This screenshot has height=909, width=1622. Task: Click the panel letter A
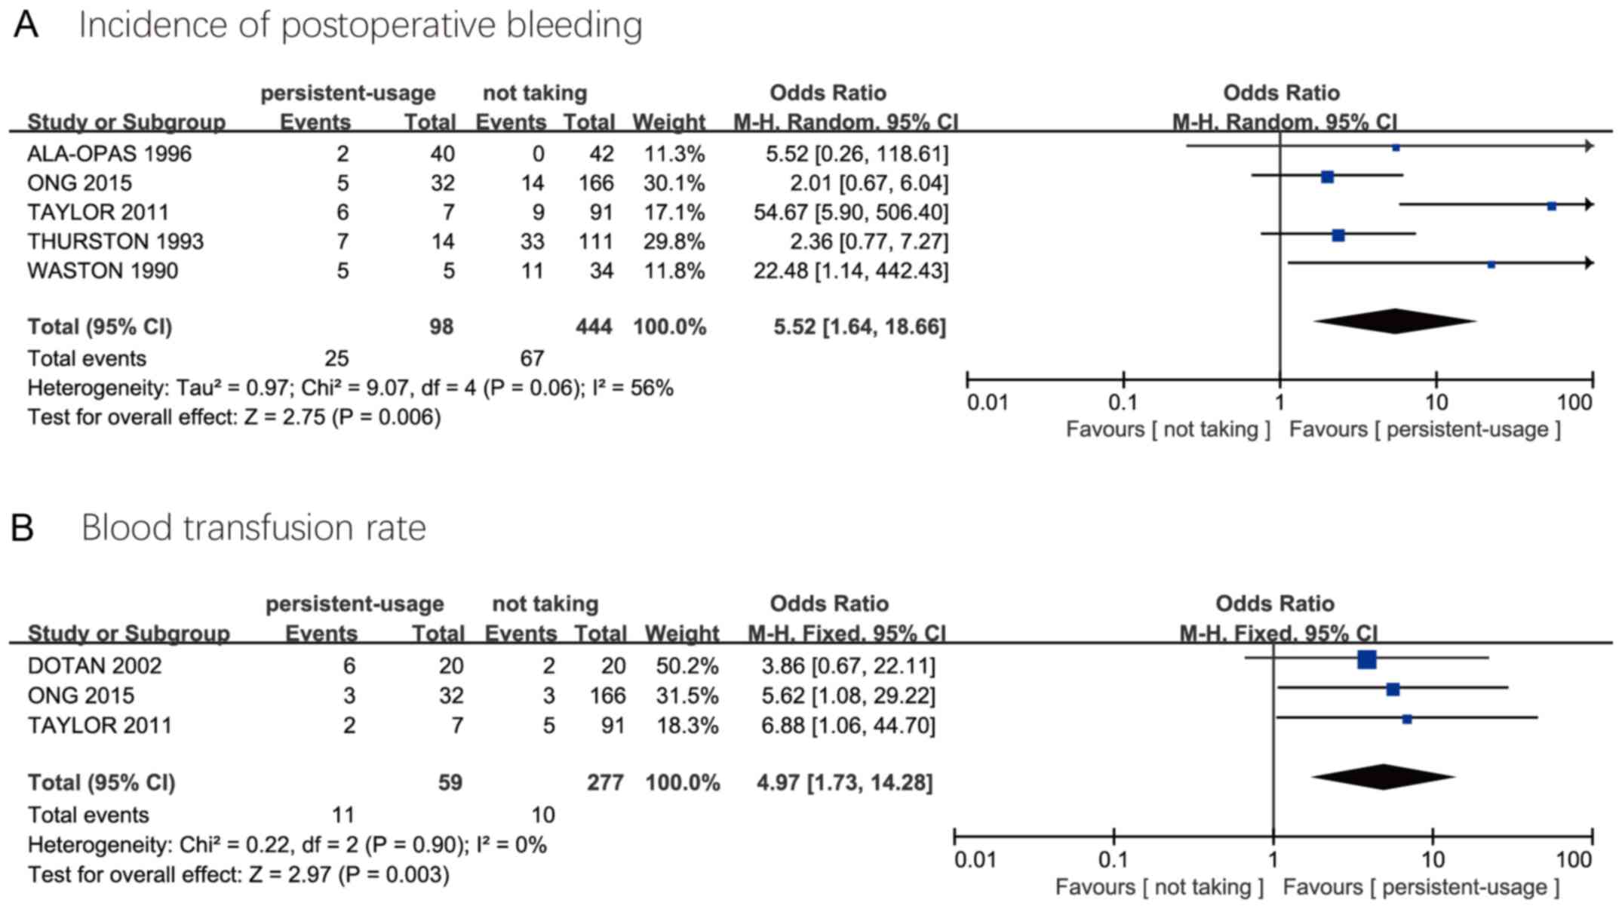click(26, 25)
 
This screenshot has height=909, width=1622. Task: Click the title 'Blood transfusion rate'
click(253, 527)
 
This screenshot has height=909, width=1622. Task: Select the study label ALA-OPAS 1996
click(109, 154)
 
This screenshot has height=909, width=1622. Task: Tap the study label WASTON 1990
click(103, 271)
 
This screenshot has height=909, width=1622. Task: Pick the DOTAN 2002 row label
click(94, 665)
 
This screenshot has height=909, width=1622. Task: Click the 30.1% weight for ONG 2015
click(674, 183)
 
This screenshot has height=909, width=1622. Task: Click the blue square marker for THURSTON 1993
click(1338, 235)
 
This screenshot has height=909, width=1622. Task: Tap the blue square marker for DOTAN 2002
click(1366, 660)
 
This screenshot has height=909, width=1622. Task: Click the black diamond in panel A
click(1394, 321)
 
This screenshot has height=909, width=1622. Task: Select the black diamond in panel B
click(1383, 777)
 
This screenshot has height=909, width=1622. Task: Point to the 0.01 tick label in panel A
click(988, 402)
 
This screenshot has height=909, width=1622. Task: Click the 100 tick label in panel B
click(1574, 859)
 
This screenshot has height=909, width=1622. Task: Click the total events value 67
click(531, 358)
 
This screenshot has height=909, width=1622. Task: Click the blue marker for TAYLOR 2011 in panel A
click(1552, 206)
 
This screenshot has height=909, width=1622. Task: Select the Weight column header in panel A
click(668, 121)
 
